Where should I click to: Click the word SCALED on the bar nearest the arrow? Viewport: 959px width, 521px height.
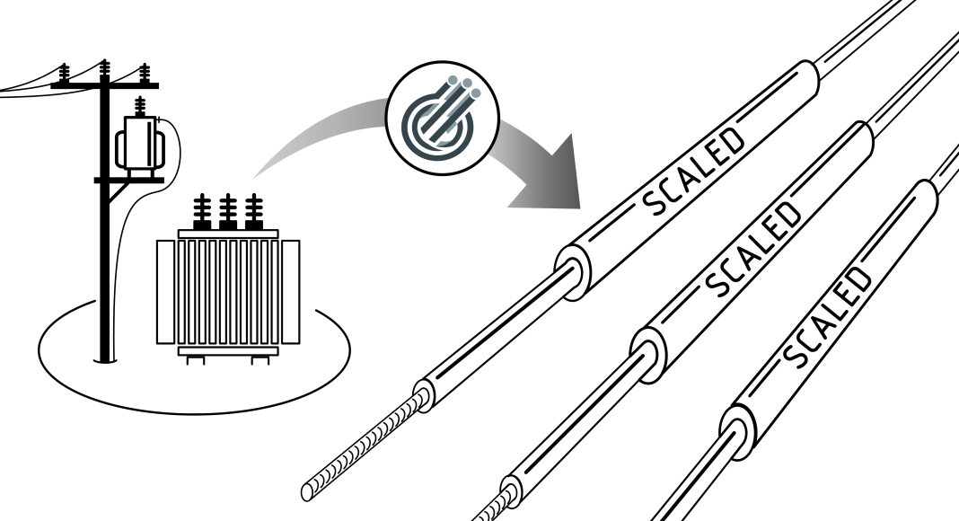pyautogui.click(x=694, y=172)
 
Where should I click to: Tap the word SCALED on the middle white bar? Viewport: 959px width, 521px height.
pyautogui.click(x=753, y=249)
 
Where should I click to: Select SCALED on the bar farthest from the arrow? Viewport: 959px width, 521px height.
pyautogui.click(x=827, y=316)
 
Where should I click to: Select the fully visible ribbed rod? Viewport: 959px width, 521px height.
pyautogui.click(x=368, y=443)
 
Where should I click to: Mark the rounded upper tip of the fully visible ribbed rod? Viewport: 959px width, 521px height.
pyautogui.click(x=423, y=394)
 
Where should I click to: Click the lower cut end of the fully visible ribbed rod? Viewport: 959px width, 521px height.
pyautogui.click(x=313, y=489)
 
